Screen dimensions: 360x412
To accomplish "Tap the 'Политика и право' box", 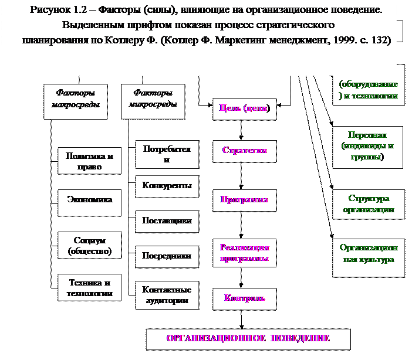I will coord(90,161).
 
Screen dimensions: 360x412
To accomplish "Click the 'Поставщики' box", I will coord(167,221).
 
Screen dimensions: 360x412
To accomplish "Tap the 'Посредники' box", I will coord(167,256).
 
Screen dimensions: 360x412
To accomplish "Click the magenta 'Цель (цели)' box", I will coord(244,108).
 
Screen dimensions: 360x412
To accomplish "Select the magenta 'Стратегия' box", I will coord(244,151).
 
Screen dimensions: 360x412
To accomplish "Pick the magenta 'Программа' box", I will coord(244,200).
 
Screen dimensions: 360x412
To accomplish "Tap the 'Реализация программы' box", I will coord(244,253).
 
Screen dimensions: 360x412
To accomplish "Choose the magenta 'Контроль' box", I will coord(244,298).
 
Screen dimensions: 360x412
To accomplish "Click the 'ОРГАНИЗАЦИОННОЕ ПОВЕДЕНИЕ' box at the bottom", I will coord(248,339).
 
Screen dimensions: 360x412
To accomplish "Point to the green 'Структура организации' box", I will coord(369,204).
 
